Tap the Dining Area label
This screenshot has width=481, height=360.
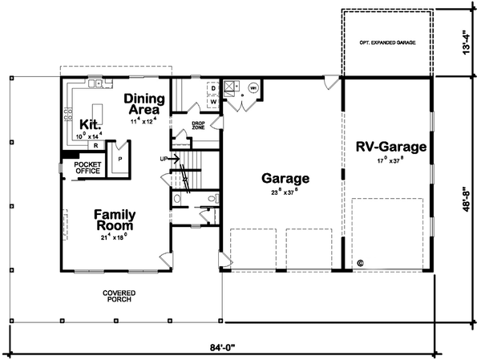pyautogui.click(x=144, y=105)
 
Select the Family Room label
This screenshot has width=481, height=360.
pyautogui.click(x=114, y=220)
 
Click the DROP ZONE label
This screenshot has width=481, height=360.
pyautogui.click(x=199, y=126)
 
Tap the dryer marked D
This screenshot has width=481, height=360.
pyautogui.click(x=214, y=88)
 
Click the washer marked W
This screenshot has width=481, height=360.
pyautogui.click(x=214, y=102)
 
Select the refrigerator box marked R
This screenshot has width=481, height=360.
pyautogui.click(x=95, y=146)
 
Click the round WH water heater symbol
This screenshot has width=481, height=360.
pyautogui.click(x=253, y=87)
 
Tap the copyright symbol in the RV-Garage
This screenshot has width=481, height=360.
pyautogui.click(x=360, y=261)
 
